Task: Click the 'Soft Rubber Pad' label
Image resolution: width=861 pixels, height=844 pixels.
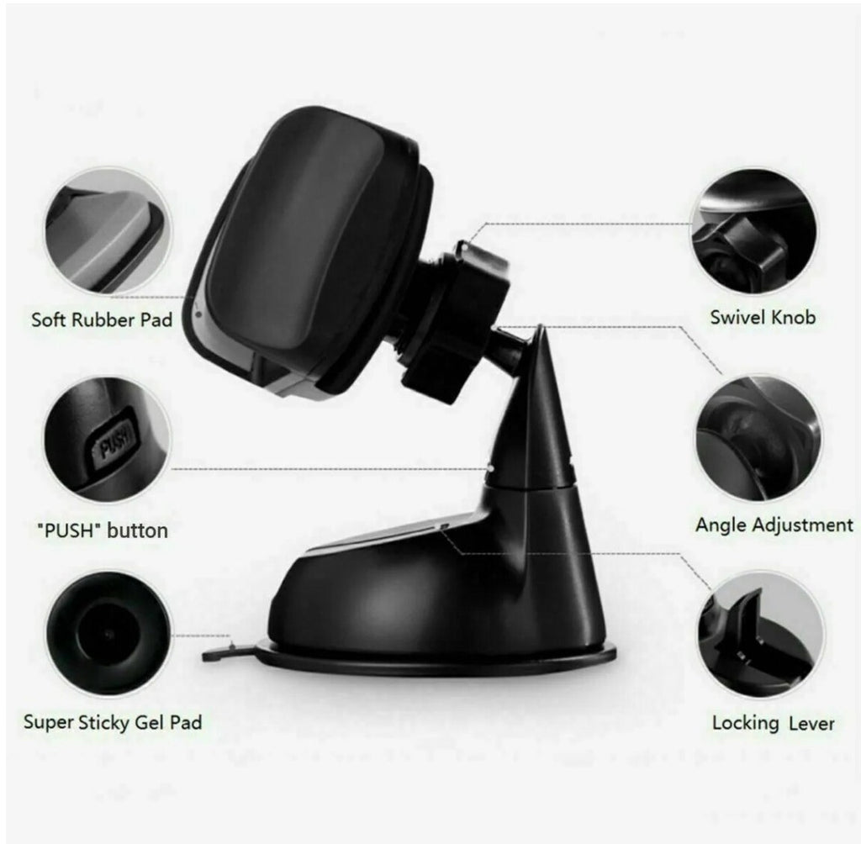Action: pos(102,319)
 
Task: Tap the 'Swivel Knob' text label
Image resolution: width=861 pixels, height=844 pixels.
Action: pos(763,318)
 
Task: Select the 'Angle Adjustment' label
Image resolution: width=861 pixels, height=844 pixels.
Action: pos(774,525)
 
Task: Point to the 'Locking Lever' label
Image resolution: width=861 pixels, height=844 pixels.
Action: pos(774,723)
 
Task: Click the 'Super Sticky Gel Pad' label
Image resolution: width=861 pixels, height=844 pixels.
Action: pos(113,722)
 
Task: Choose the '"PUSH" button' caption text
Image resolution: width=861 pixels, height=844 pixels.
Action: pos(102,531)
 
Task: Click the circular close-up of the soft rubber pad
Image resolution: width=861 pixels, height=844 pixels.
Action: pos(108,232)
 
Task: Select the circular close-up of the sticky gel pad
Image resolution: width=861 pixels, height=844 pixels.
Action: pos(108,634)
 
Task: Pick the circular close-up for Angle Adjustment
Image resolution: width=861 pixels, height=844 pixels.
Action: pos(760,438)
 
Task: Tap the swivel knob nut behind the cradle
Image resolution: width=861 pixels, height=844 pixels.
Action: pos(456,324)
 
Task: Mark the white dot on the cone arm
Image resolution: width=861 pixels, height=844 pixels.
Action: pos(490,468)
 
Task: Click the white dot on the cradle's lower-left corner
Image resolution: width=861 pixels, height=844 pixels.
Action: pos(198,315)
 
